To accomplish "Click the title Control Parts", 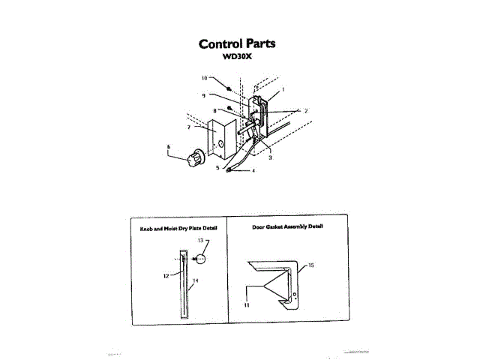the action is coord(236,43).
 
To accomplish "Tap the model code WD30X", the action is coord(236,56).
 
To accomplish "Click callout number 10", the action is coord(204,78).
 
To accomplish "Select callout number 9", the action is coord(203,95).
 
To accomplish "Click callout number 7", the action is coord(189,128).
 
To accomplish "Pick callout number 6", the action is coord(169,147).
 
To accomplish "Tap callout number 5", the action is coord(217,168).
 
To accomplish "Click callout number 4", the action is coord(253,171).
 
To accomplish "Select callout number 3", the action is coord(270,157).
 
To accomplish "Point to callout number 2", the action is coord(305,111).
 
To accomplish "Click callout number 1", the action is coord(283,88).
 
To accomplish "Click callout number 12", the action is coord(166,276).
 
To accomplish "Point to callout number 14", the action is coord(195,283).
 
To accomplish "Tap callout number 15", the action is coord(310,265).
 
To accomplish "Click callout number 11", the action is coord(244,305).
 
